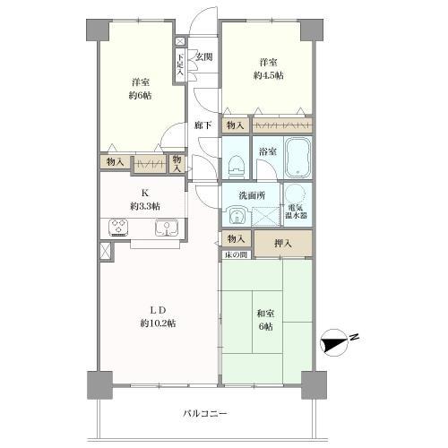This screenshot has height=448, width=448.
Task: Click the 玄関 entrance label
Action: click(x=203, y=58)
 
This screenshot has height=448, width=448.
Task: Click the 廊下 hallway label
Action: click(x=202, y=125)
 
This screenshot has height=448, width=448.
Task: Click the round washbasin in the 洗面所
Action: click(x=237, y=216)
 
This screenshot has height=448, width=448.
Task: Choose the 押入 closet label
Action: click(x=281, y=242)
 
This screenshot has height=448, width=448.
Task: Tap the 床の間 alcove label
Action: click(x=236, y=256)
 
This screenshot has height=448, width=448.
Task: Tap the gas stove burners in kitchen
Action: click(x=119, y=228)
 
